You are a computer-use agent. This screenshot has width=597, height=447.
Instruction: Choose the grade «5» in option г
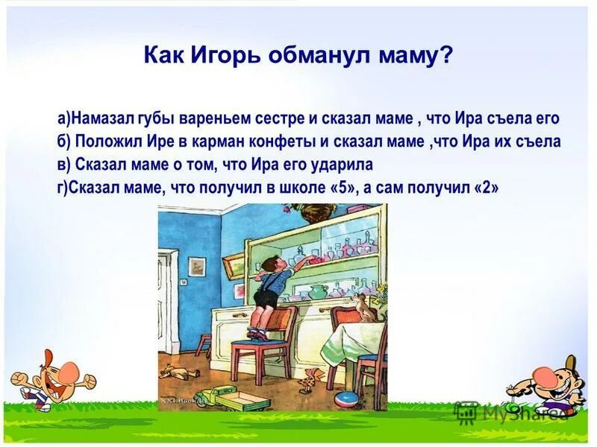pyautogui.click(x=340, y=188)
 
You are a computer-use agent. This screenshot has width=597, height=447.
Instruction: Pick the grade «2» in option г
pyautogui.click(x=486, y=188)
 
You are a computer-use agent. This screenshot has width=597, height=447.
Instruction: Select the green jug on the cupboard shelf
pyautogui.click(x=318, y=290)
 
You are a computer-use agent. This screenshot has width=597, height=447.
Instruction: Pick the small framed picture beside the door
pyautogui.click(x=197, y=266)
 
